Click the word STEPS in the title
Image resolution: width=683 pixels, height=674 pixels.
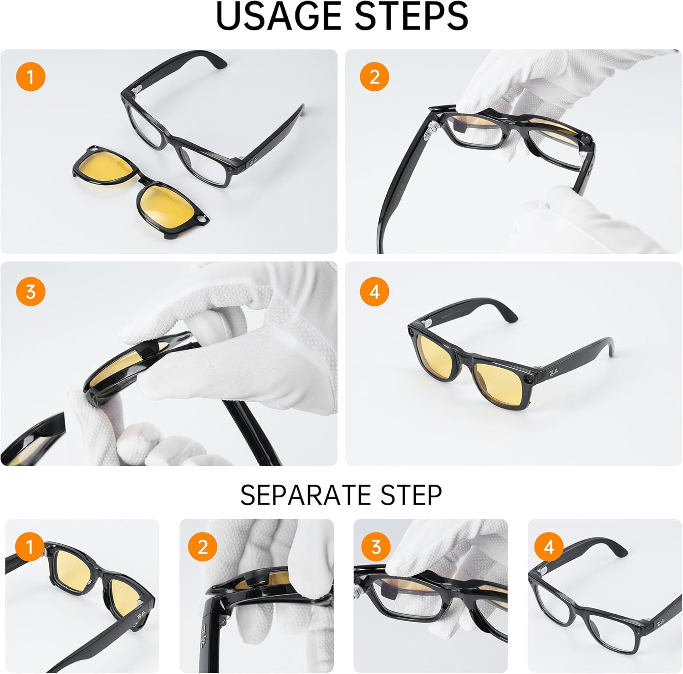[x=411, y=16]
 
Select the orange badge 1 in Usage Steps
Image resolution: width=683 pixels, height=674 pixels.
[x=31, y=77]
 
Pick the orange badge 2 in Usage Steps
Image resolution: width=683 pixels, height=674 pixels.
[x=374, y=77]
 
